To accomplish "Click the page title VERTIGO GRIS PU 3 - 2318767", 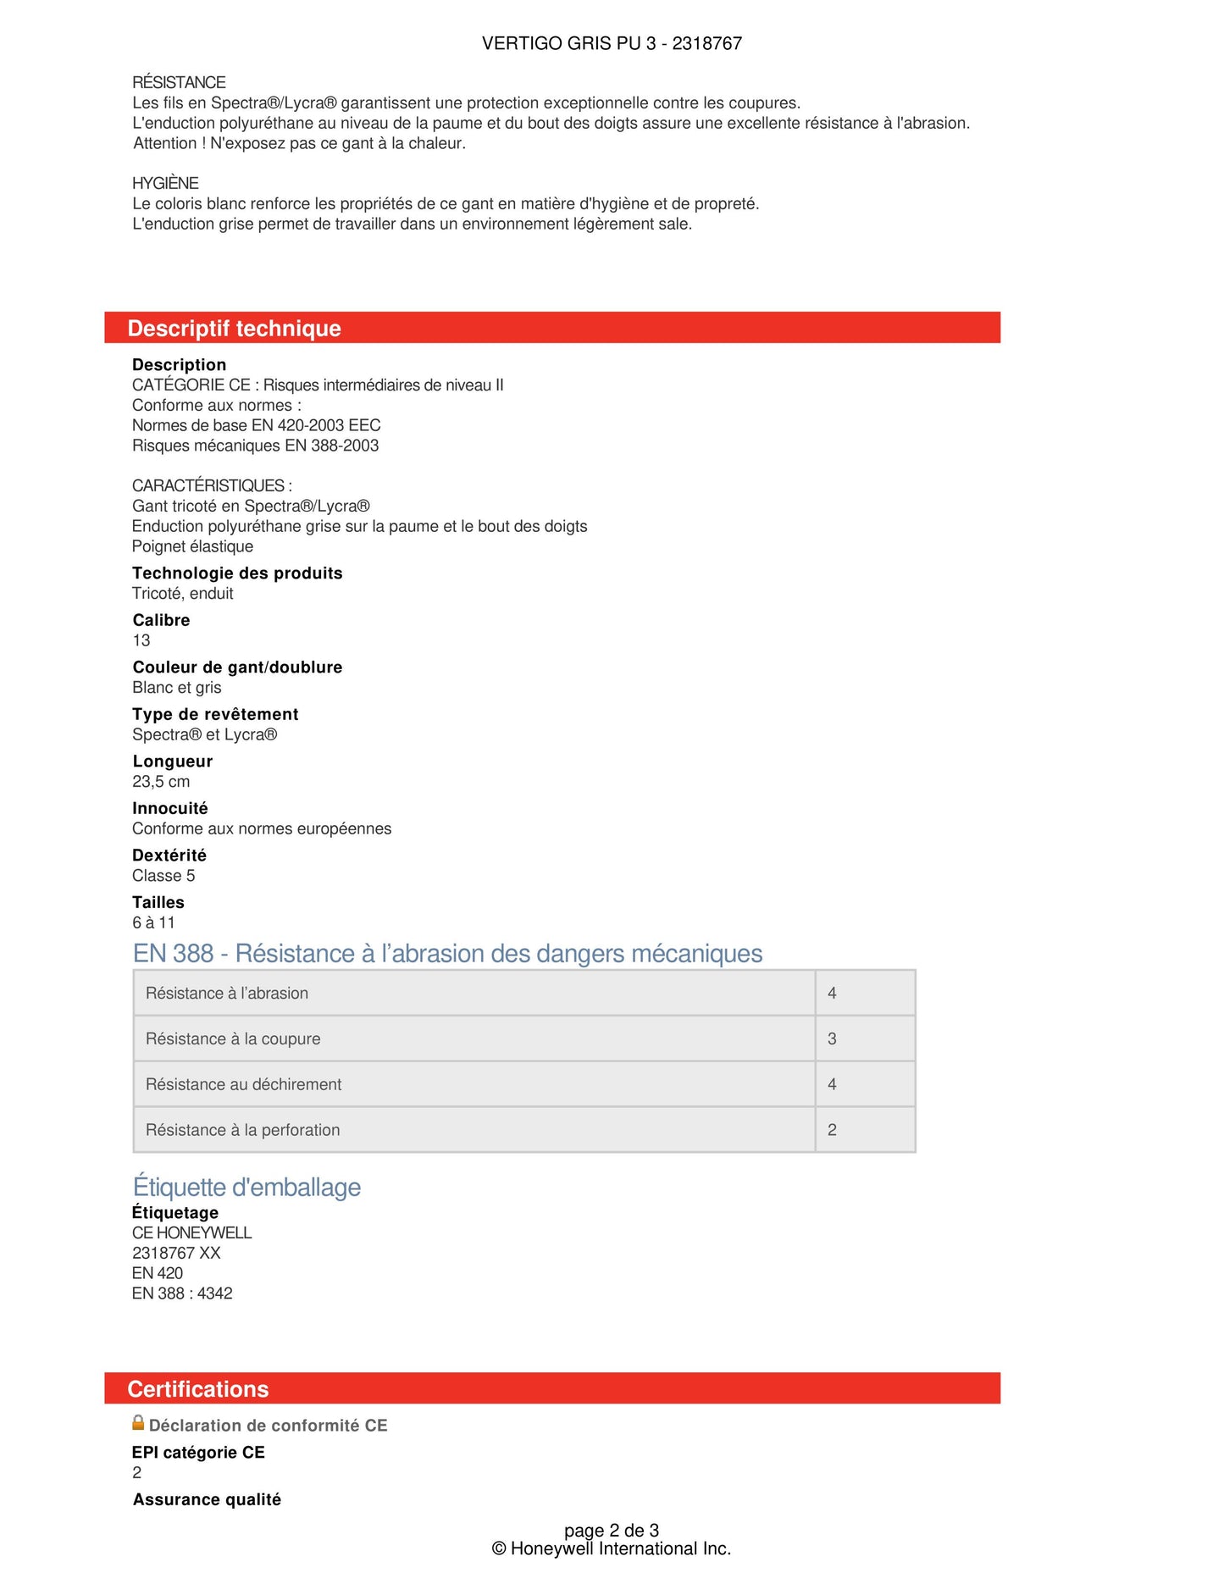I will tap(612, 43).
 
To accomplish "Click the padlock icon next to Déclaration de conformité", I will tap(138, 1423).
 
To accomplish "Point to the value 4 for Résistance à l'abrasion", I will tap(832, 993).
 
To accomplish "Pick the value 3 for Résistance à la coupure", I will tap(832, 1038).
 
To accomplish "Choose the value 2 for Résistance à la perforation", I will tap(832, 1130).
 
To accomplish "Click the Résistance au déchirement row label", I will tap(243, 1084).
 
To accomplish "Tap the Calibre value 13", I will tap(141, 640).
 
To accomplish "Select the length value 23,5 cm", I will tap(161, 782).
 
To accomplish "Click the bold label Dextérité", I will tap(169, 856).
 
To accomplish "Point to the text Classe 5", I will tap(163, 876).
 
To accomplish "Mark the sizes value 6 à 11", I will tap(153, 922).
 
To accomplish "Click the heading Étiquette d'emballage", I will tap(246, 1188).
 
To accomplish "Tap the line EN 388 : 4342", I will tap(182, 1293).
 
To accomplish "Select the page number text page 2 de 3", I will tap(612, 1531).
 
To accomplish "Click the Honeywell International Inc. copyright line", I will tap(612, 1549).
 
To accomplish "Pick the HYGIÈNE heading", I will tap(165, 183).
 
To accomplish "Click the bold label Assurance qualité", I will tap(207, 1499).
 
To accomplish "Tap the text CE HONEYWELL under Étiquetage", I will tap(192, 1232).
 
